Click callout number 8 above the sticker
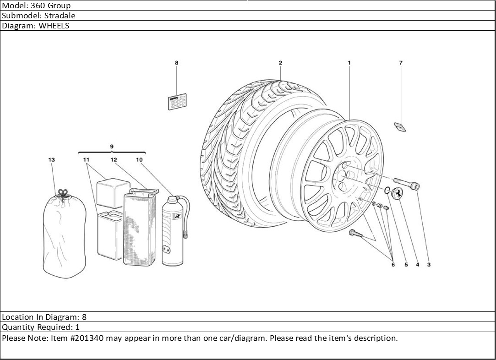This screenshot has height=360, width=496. (176, 63)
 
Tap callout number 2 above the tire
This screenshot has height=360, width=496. (280, 63)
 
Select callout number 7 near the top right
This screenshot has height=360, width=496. (401, 63)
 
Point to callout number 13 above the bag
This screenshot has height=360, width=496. (51, 160)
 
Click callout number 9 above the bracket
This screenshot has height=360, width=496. (112, 147)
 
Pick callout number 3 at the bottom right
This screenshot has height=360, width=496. (429, 265)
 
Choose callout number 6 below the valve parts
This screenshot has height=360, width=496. (392, 265)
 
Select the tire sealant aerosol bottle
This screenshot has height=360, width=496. (173, 231)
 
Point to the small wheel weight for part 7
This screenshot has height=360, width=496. (400, 126)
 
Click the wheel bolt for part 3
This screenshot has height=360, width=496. (406, 184)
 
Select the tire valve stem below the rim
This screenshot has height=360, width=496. (355, 234)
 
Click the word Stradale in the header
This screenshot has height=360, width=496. (60, 16)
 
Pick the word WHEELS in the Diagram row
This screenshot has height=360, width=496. (54, 26)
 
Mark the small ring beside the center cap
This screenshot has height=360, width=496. (387, 190)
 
